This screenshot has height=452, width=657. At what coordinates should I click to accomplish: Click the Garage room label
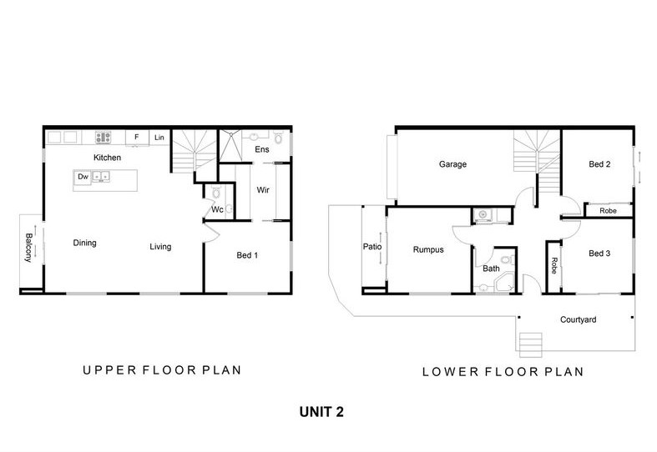pos(452,164)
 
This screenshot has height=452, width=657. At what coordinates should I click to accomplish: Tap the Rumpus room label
pos(428,250)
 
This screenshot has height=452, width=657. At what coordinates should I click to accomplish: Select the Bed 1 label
pos(247,255)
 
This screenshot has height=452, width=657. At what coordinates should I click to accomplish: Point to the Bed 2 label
pos(599,164)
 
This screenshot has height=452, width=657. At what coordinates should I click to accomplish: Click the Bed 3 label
pos(599,254)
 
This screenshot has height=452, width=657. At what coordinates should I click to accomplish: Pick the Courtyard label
pos(579,319)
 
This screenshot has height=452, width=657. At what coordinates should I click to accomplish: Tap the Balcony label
pos(28,248)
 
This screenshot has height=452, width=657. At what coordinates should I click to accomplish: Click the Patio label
pos(372,247)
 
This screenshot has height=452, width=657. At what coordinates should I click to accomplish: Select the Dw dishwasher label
pos(83,177)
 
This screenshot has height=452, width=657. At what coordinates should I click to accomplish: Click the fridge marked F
pos(137,138)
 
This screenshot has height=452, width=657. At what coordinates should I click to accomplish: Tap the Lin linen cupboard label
pos(159,138)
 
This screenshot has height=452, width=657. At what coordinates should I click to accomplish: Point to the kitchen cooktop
pos(103,138)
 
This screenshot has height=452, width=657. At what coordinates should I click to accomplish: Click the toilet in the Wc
pos(216,193)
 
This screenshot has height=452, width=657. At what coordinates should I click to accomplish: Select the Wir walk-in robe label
pos(263,190)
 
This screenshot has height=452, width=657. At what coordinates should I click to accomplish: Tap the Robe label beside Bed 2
pos(608,211)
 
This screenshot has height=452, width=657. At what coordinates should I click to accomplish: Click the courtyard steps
pos(531,345)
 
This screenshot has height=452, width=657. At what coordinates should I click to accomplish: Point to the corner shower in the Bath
pos(505,283)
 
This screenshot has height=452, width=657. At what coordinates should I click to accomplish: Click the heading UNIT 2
pos(321,412)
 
